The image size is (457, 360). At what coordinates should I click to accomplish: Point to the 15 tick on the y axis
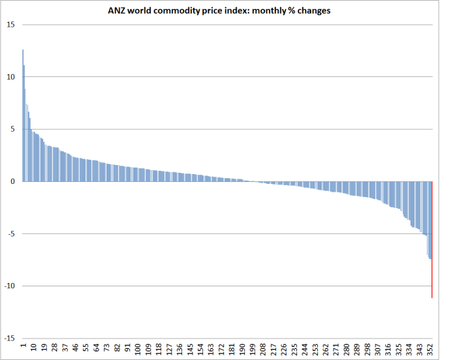pyautogui.click(x=10, y=25)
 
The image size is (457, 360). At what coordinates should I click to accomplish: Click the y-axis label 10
pyautogui.click(x=10, y=77)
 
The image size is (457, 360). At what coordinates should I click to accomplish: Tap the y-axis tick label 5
pyautogui.click(x=12, y=129)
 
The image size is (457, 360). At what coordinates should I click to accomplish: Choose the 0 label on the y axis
pyautogui.click(x=12, y=181)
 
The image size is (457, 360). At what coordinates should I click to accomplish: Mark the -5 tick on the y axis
pyautogui.click(x=10, y=233)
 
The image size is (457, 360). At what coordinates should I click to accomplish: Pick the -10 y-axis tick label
pyautogui.click(x=9, y=286)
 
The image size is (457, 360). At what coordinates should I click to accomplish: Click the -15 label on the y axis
pyautogui.click(x=9, y=338)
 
